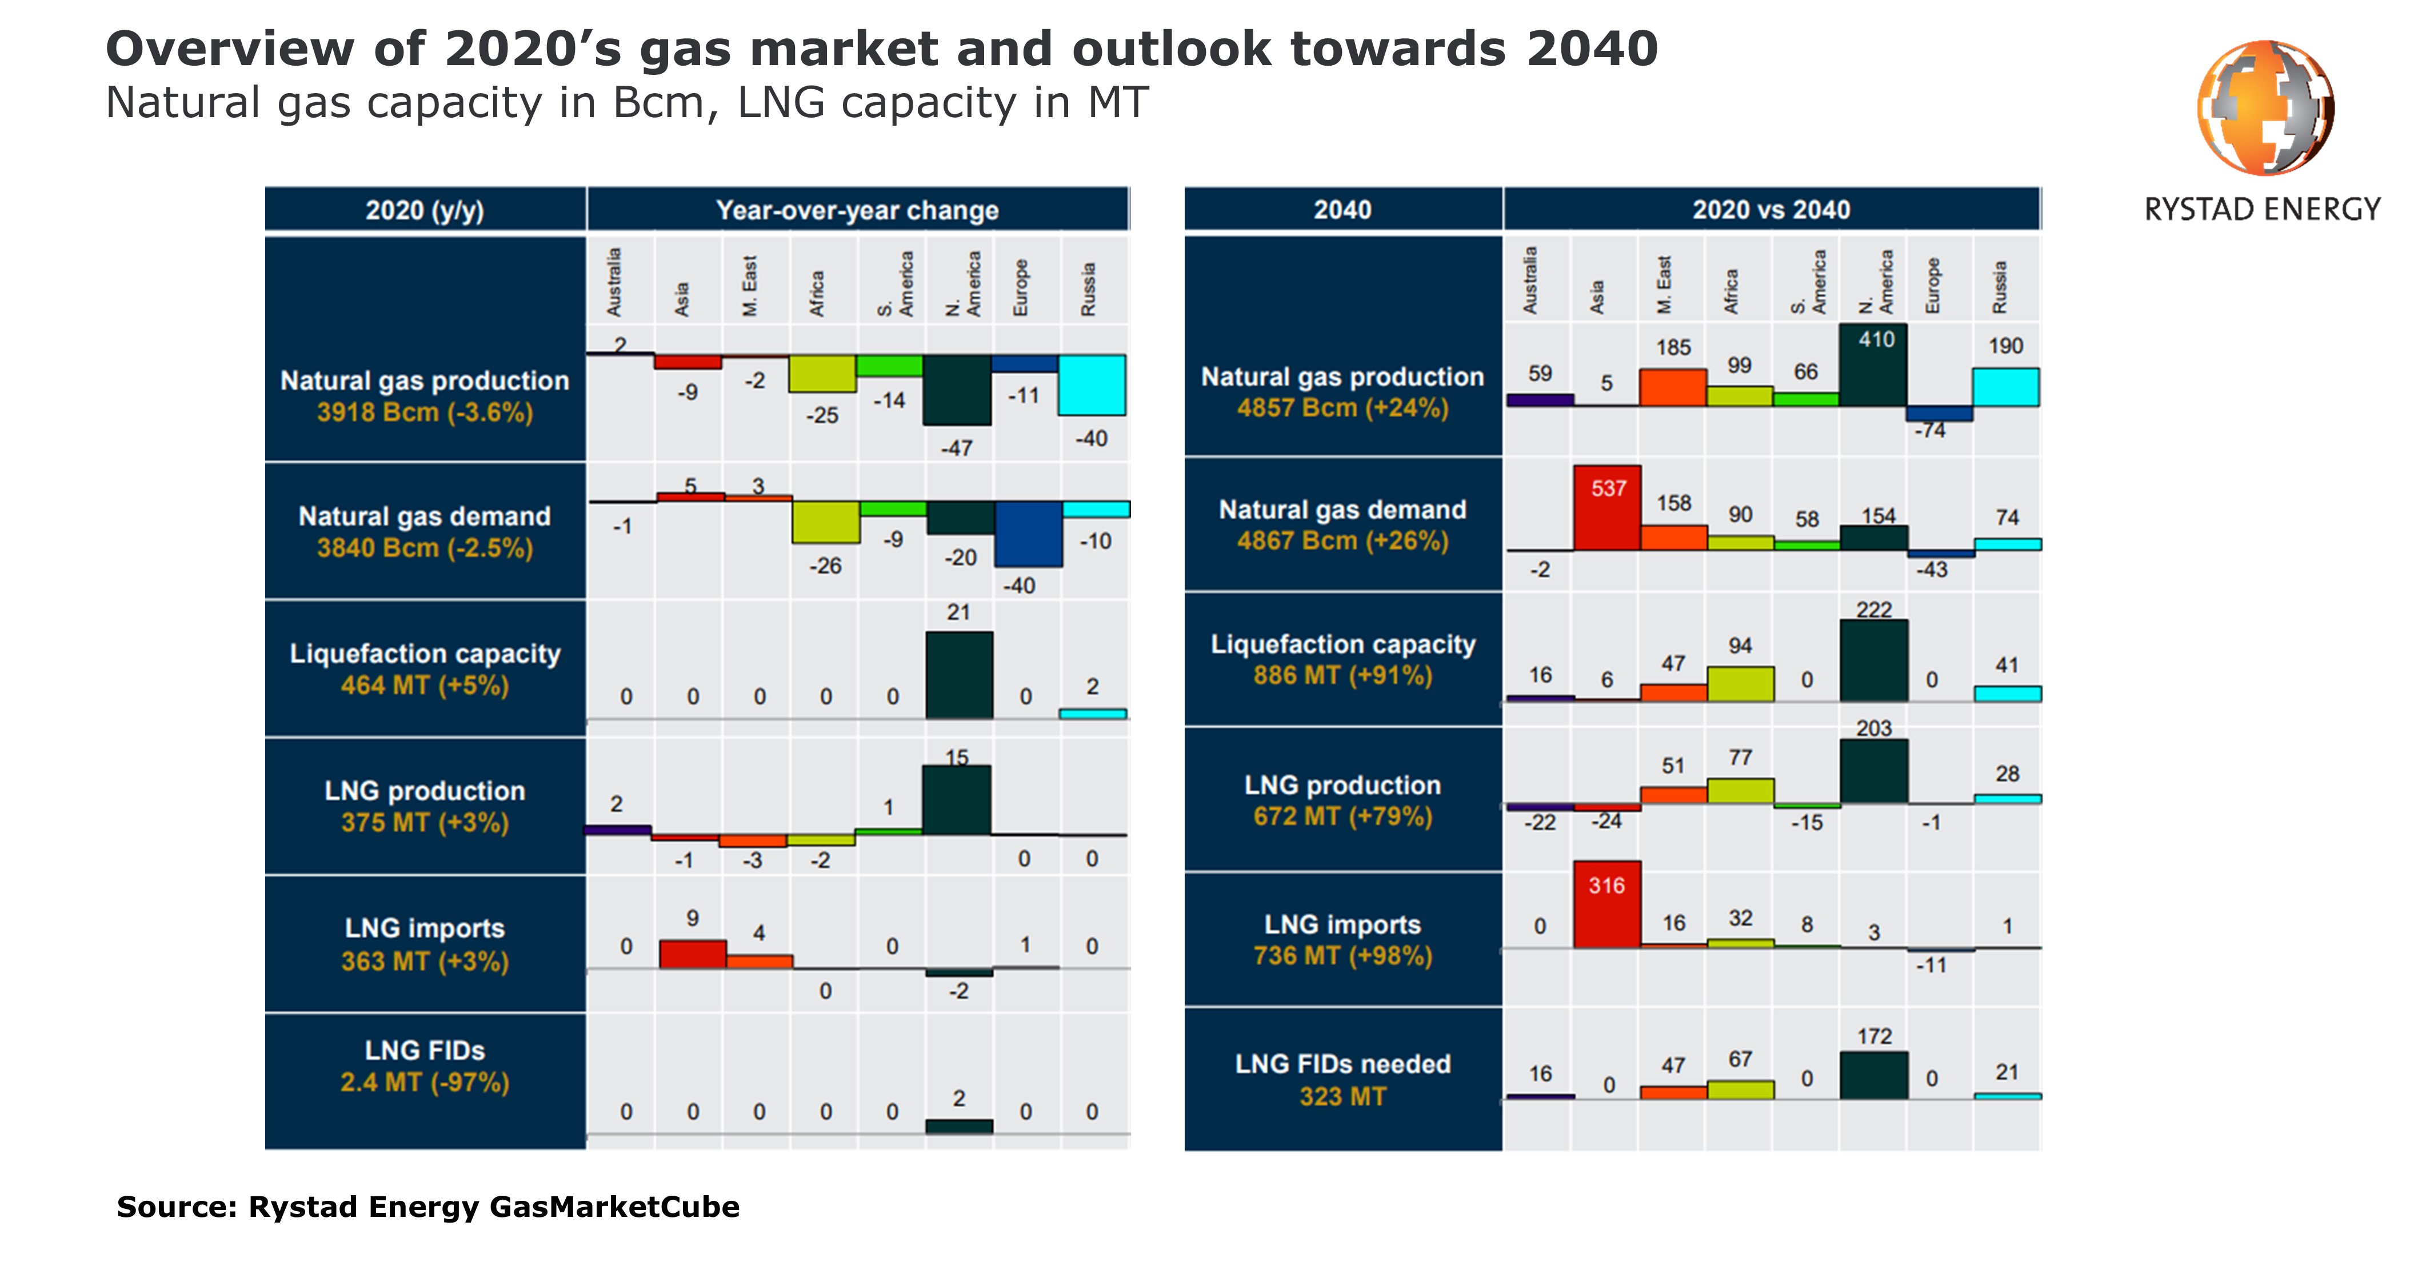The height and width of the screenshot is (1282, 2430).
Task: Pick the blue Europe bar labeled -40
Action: pos(1028,534)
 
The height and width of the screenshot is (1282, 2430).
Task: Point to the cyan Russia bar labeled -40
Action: pos(1092,385)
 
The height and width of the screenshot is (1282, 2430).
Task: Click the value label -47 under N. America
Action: pos(957,448)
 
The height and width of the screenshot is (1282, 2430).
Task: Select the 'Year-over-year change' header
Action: pos(857,210)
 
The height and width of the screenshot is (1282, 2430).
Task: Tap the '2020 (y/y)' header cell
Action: pos(425,210)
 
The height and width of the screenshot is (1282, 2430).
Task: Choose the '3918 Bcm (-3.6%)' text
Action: pos(425,412)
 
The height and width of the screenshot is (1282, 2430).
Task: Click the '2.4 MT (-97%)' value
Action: pos(425,1082)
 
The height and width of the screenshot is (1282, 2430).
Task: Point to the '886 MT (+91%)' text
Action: pos(1342,675)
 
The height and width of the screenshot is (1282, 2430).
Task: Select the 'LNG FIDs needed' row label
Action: pos(1342,1064)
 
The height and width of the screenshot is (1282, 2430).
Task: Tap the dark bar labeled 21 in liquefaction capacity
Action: pos(958,675)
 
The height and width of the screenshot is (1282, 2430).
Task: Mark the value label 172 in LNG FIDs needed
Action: pos(1875,1036)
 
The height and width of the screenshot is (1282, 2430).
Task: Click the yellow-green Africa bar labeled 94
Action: pos(1740,684)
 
